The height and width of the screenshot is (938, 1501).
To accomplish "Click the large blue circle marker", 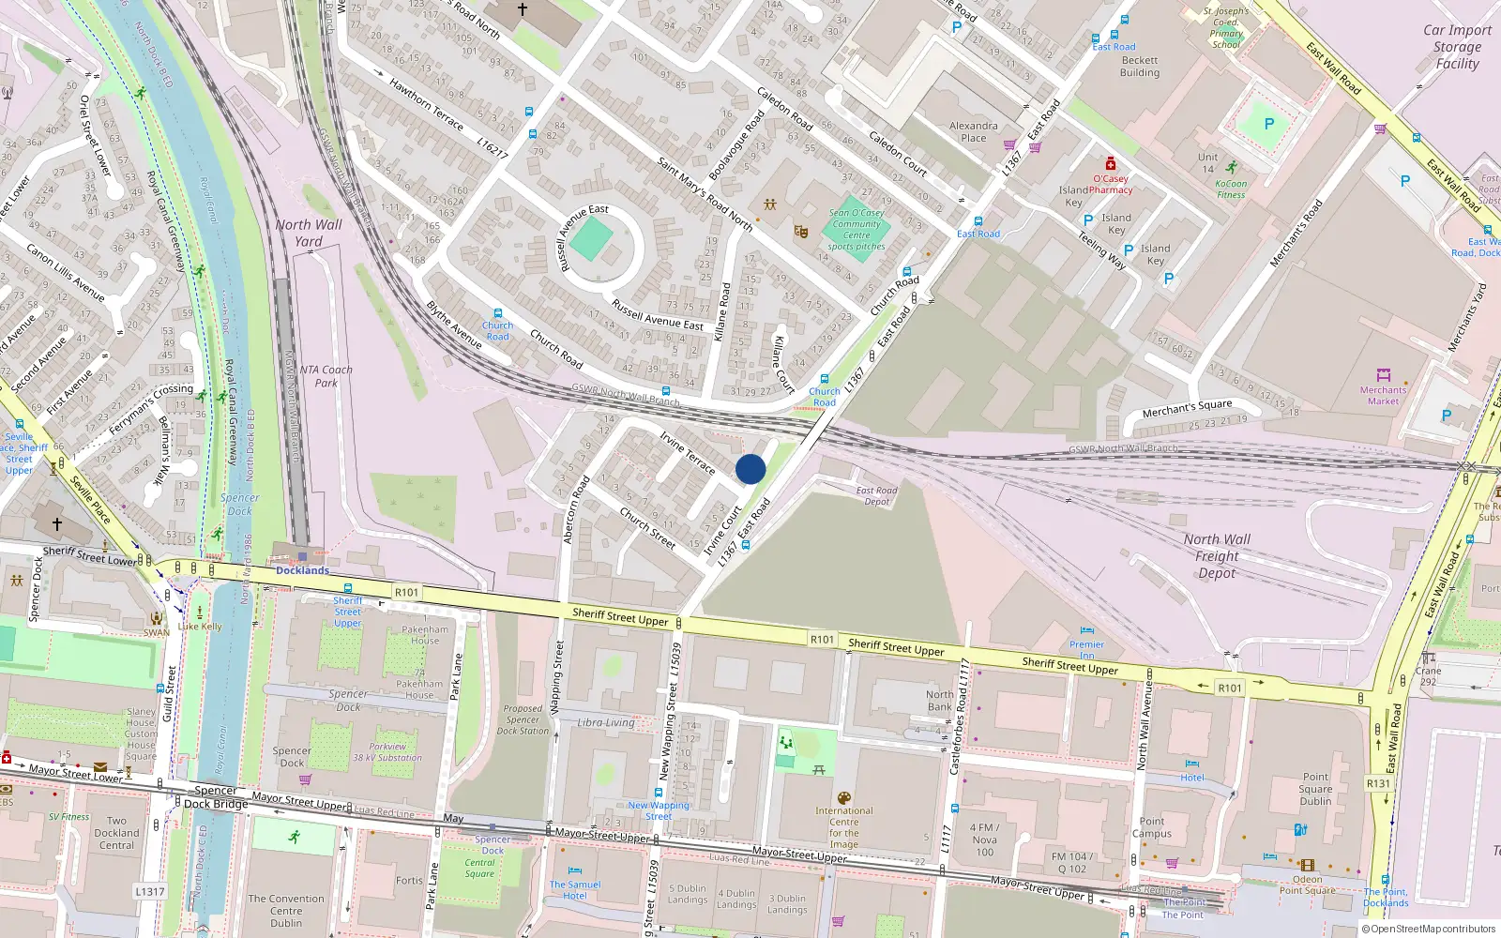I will click(750, 469).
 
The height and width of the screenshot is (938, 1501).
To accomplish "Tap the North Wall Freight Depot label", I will click(1217, 556).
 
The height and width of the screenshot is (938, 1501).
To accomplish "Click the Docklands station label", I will click(302, 570).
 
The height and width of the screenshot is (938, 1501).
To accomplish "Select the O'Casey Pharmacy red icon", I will click(1111, 164).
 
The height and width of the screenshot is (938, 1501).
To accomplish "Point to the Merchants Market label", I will click(1383, 395).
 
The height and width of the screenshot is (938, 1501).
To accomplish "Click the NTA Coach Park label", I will click(326, 376).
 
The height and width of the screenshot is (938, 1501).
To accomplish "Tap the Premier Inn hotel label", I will click(1086, 649).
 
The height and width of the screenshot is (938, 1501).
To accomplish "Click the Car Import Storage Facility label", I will click(1457, 47).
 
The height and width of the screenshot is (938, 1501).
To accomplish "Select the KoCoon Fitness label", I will click(1231, 189).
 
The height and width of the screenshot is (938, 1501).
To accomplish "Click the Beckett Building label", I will click(1140, 67).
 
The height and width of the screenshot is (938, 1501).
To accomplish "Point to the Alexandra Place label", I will click(973, 131).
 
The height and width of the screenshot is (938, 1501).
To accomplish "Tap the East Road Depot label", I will click(876, 496).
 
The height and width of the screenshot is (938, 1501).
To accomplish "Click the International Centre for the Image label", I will click(843, 827).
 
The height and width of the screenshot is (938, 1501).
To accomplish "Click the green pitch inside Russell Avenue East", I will click(591, 239).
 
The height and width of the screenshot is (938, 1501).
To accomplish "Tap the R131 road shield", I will click(1378, 783).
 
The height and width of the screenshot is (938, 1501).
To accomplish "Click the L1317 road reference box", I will click(150, 892).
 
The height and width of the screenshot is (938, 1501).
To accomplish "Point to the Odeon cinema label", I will click(1307, 880).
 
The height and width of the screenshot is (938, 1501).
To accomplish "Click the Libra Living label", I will click(606, 722).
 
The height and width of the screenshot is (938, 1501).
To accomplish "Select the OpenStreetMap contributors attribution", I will click(1429, 929).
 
